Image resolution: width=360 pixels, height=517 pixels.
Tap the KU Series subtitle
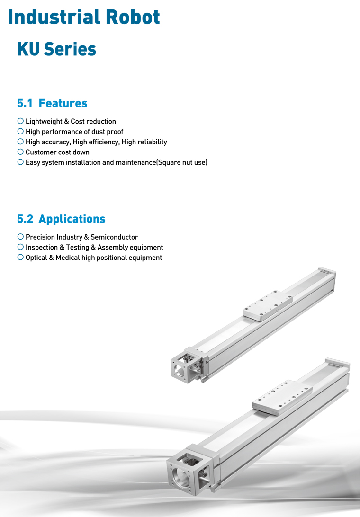point(56,49)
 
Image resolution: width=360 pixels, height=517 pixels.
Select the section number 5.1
point(25,104)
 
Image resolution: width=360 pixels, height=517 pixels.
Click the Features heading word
point(63,104)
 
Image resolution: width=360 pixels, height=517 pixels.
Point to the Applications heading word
point(72,219)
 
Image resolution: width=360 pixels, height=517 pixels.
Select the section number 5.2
point(25,219)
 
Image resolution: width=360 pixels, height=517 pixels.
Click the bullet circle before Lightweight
point(20,121)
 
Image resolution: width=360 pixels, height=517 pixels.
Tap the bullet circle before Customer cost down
point(20,152)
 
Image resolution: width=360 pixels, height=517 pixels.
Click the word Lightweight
point(44,122)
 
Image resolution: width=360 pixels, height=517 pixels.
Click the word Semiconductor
point(114,237)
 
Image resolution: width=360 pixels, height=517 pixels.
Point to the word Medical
point(68,258)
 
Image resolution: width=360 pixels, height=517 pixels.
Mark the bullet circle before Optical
point(20,257)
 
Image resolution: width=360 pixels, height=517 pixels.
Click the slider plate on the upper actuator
point(268,306)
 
